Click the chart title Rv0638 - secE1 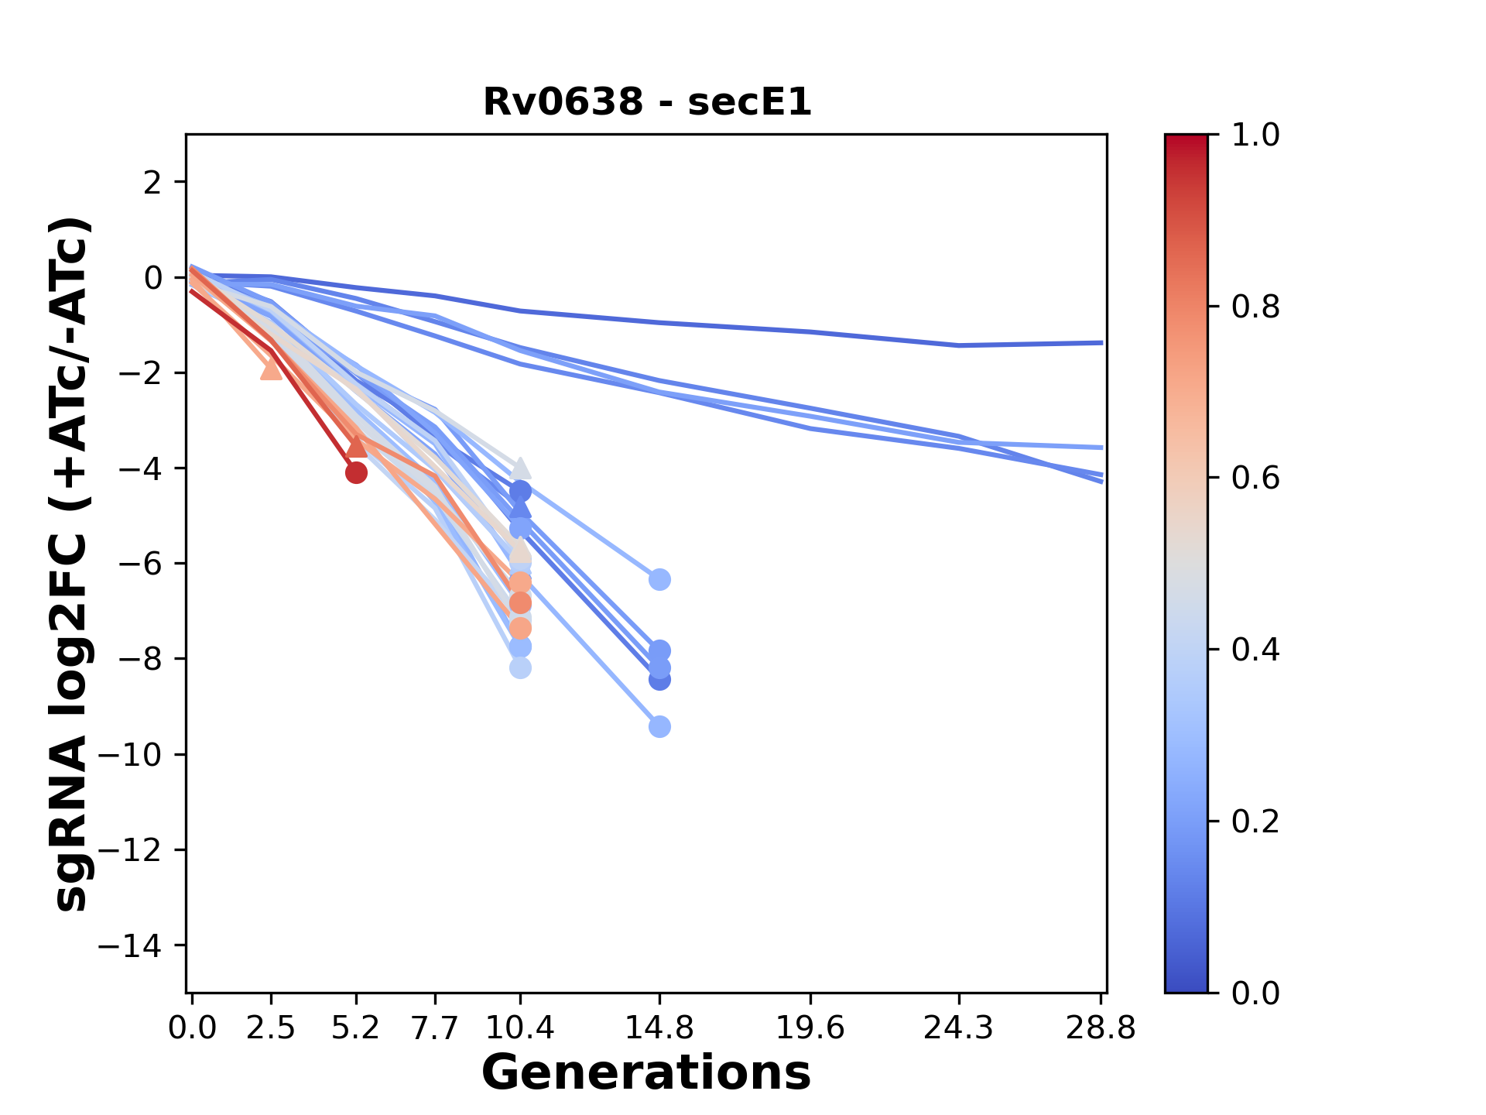point(647,102)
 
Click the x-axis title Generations point(646,1073)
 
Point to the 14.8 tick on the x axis point(659,1028)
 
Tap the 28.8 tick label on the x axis point(1101,1028)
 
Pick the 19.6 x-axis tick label point(810,1028)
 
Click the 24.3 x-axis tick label point(958,1028)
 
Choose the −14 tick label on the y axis point(129,945)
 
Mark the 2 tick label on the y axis point(153,183)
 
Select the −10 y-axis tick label point(129,755)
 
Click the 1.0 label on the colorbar point(1255,136)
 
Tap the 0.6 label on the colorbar point(1255,479)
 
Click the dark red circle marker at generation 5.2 point(356,472)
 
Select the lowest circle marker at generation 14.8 point(659,726)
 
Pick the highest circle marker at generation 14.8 point(659,579)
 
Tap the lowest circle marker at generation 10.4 point(520,667)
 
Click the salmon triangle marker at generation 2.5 point(272,369)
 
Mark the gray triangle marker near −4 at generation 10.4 point(520,468)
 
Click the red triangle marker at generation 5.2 point(356,445)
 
